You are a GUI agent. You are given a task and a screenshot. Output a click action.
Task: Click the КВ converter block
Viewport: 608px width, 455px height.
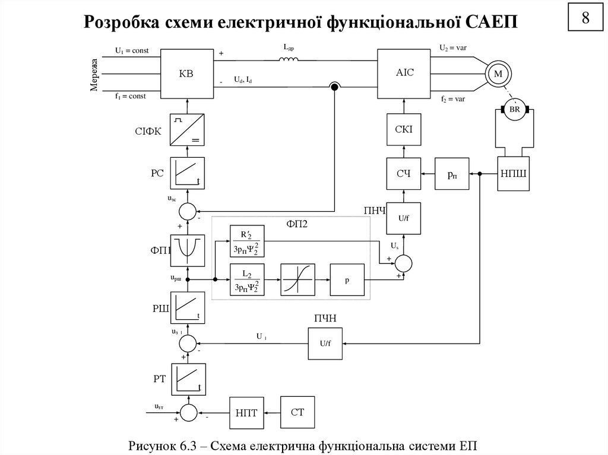coord(187,74)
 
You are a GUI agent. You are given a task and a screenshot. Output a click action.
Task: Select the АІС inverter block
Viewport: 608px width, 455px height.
coord(404,74)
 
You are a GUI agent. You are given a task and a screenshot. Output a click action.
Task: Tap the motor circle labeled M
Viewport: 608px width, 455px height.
coord(498,74)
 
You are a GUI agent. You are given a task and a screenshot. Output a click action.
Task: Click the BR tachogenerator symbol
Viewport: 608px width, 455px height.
coord(514,110)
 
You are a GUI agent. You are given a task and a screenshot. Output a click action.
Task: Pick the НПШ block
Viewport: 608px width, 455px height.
coord(514,174)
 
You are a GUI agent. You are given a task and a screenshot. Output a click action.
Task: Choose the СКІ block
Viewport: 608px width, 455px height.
coord(404,129)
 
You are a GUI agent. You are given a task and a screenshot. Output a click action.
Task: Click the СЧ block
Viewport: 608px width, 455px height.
coord(404,174)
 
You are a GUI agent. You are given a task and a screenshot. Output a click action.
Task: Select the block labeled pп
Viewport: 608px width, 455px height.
coord(452,174)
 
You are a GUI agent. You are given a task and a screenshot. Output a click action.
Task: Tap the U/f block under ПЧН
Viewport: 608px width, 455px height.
coord(325,343)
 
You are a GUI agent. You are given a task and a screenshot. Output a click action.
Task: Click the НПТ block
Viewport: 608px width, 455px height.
coord(246,412)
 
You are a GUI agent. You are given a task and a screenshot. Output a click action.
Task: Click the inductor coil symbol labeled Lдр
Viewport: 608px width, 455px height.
coord(289,59)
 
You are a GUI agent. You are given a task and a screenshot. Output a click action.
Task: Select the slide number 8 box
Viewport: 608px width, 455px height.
coord(585,19)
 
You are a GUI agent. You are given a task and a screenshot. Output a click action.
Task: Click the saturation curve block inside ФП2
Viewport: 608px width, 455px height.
coord(297,279)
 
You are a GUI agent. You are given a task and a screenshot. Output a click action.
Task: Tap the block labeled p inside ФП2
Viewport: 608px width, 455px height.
coord(347,279)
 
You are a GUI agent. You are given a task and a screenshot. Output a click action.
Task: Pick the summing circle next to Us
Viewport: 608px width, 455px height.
coord(404,262)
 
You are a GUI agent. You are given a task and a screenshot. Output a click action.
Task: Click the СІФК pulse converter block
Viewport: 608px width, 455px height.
coord(187,129)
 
